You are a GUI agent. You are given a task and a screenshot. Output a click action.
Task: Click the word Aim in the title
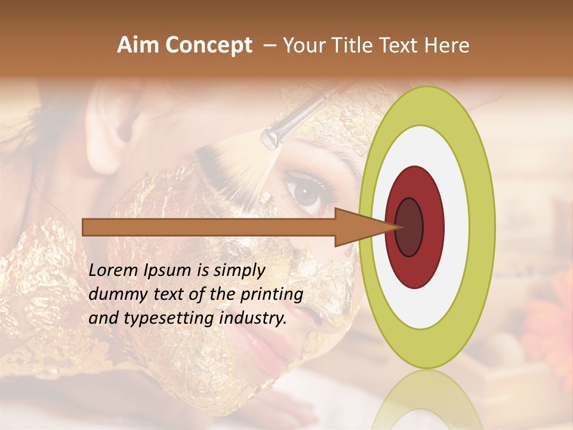[137, 45]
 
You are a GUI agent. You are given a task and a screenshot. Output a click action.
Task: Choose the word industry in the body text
[250, 318]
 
